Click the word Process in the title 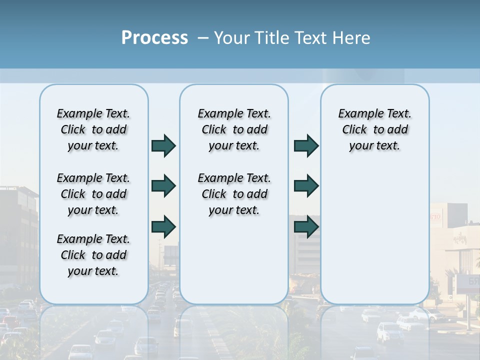tap(154, 38)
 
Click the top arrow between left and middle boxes tap(163, 145)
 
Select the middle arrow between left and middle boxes tap(163, 186)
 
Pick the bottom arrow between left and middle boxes tap(163, 227)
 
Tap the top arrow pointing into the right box tap(306, 145)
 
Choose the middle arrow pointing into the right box tap(306, 186)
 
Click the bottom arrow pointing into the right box tap(306, 227)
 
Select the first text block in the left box tap(93, 129)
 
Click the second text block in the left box tap(93, 194)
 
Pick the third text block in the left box tap(93, 255)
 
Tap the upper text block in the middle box tap(234, 129)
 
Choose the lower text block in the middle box tap(234, 194)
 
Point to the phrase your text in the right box tap(374, 146)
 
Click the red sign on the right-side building tap(435, 217)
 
